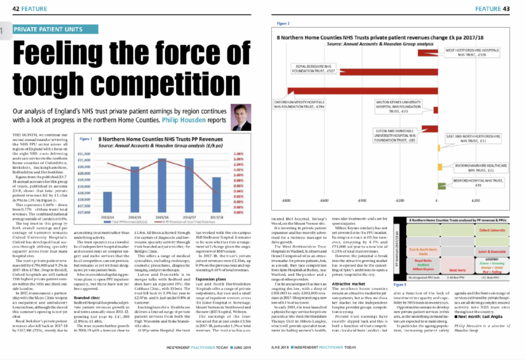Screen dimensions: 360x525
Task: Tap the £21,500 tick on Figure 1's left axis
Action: click(83, 153)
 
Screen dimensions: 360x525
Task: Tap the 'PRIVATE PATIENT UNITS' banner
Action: click(48, 30)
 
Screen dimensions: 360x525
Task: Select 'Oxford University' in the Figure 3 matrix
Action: click(492, 230)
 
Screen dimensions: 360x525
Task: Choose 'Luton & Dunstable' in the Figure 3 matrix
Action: click(492, 252)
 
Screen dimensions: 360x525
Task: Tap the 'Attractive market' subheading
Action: click(349, 284)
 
